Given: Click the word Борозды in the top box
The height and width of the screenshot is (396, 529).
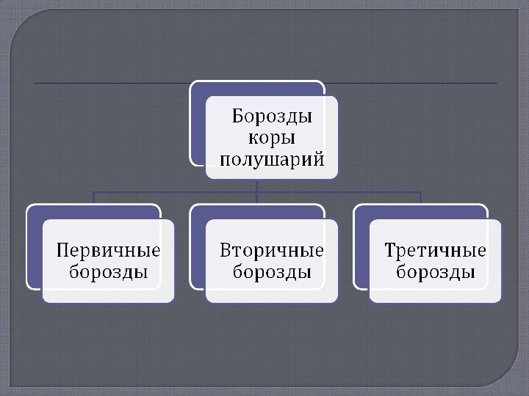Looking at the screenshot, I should pos(272,117).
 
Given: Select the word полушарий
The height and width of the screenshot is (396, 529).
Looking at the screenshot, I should pos(272,158).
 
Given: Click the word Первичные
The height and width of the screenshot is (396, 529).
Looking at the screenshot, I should pos(109,251).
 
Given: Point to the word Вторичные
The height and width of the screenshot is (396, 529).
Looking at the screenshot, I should pos(272,251).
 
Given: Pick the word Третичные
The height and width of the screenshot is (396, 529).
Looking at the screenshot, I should pos(436,251).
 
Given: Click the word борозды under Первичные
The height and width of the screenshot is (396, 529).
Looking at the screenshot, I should pos(109,272).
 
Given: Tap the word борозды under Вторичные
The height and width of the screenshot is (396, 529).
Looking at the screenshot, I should pos(272,272).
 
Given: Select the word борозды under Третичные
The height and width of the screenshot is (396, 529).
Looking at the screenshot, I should pos(436,272).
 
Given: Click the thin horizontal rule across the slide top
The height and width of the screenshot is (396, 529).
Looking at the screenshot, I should pos(110,84).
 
